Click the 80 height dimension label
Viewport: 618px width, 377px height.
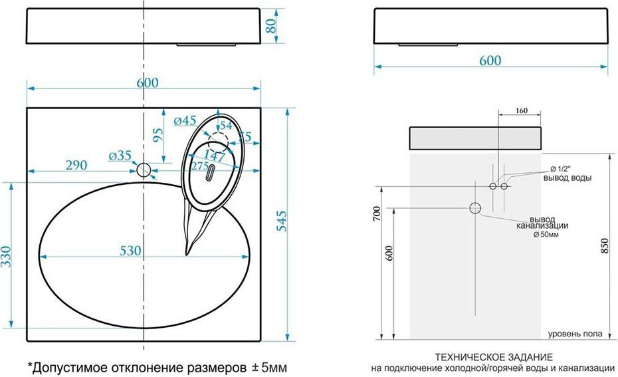271,26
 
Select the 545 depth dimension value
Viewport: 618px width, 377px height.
282,221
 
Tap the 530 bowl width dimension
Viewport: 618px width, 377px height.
130,251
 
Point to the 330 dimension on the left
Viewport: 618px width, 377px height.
6,257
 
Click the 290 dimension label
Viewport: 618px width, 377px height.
76,165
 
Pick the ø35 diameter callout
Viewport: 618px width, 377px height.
120,156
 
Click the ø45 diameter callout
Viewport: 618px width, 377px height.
185,120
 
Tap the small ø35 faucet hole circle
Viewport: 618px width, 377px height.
144,170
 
